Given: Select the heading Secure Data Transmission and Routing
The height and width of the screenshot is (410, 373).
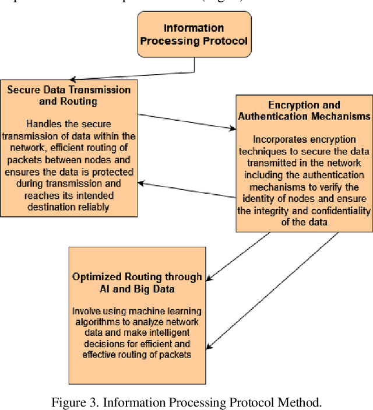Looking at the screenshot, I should point(69,95).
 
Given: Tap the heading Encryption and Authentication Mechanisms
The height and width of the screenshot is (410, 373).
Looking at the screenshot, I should point(304,111).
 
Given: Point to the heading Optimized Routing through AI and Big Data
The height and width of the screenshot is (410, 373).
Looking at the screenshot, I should point(137,282).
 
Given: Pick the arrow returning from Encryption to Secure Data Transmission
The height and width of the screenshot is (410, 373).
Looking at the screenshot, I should point(186,191).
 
